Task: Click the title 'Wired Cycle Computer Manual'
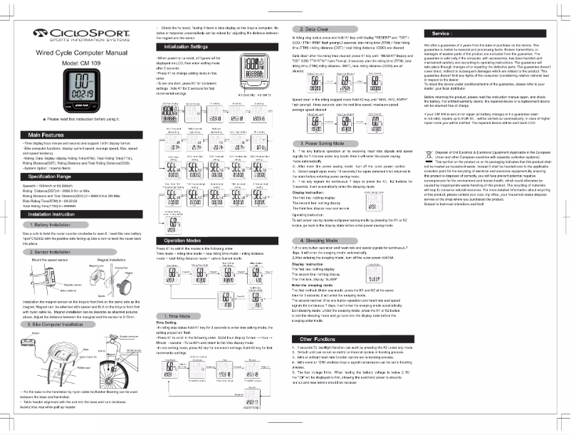77,53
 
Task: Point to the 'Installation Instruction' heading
52,214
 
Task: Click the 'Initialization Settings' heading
183,46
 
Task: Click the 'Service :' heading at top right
442,33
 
